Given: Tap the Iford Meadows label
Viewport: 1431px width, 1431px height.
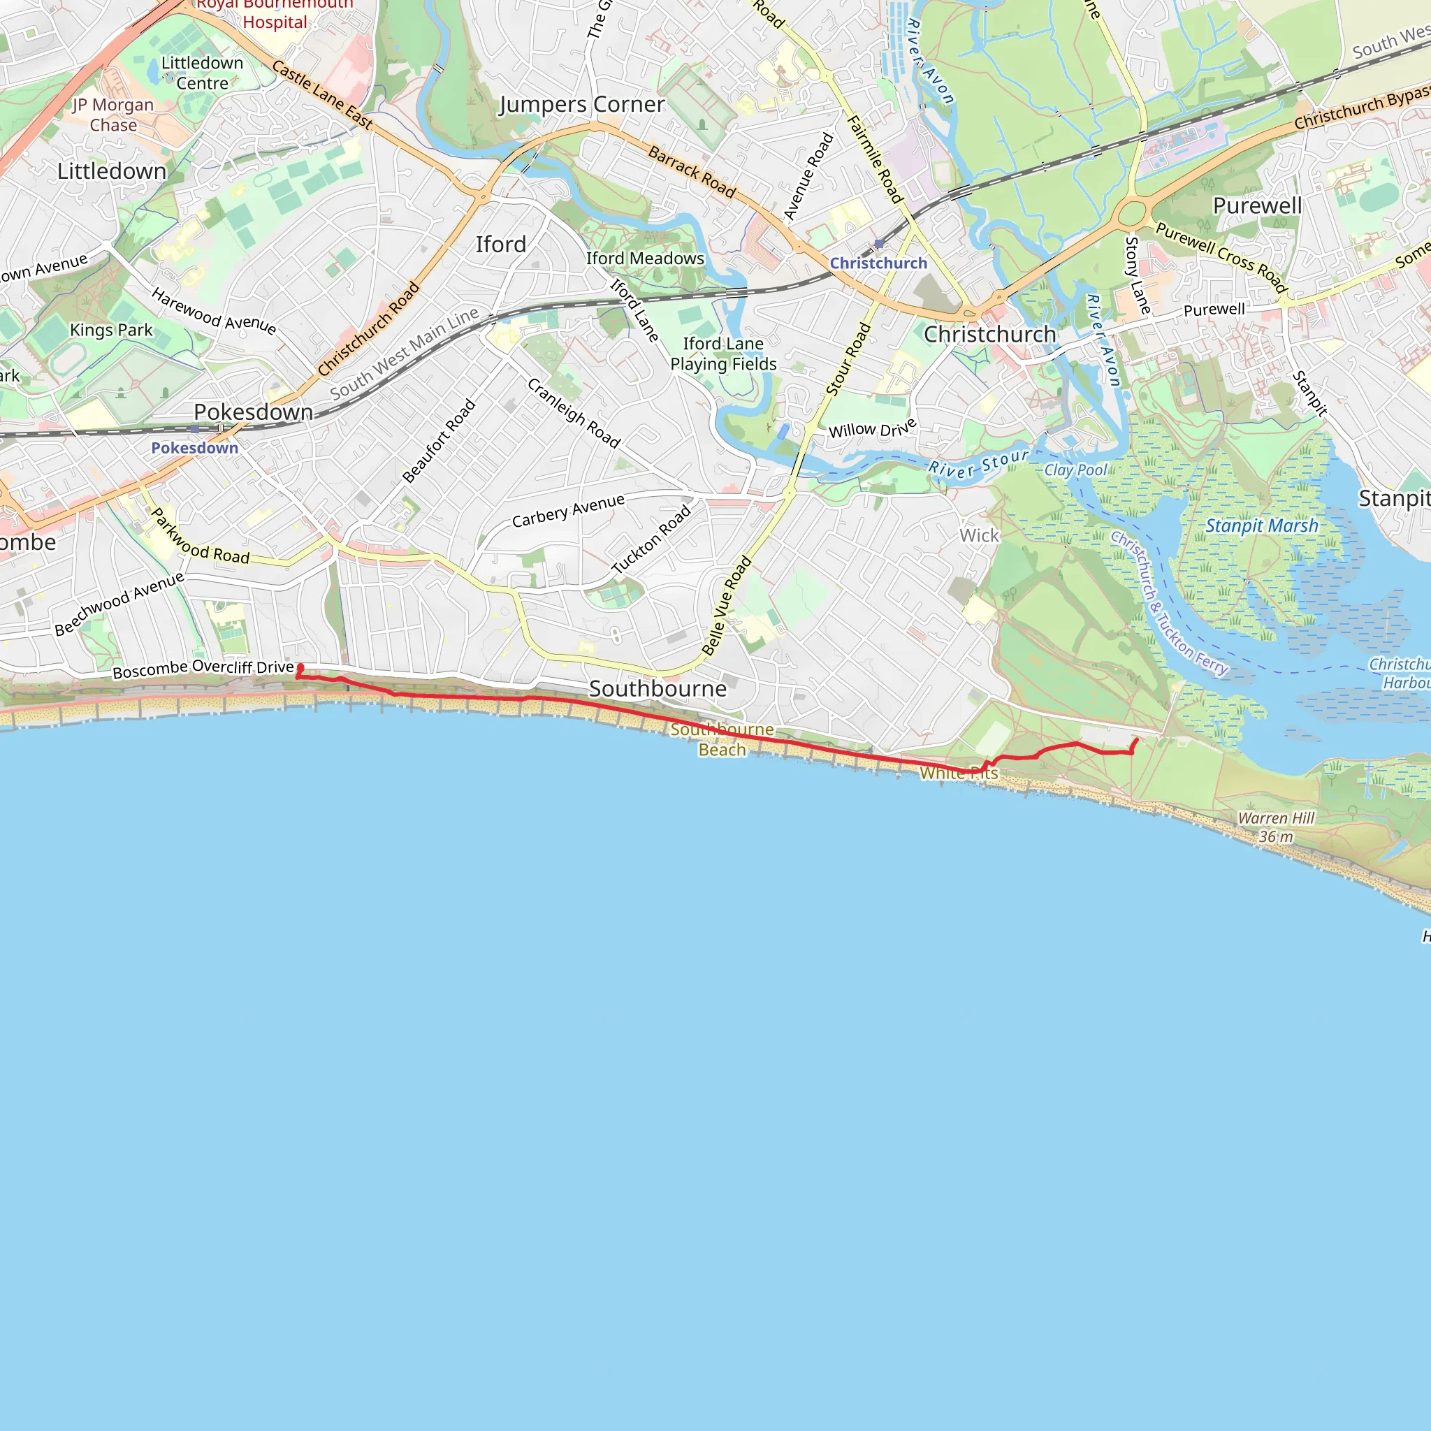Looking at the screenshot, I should (645, 259).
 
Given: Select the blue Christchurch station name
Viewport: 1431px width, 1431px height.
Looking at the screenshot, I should (878, 263).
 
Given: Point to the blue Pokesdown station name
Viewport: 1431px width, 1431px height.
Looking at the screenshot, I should (195, 448).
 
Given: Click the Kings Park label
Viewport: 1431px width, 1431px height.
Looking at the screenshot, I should (111, 330).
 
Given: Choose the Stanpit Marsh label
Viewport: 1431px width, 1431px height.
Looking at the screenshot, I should (1261, 526).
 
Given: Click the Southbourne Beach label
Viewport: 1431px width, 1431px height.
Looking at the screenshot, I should (722, 740).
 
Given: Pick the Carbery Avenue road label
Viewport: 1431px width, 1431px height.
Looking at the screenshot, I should (568, 511).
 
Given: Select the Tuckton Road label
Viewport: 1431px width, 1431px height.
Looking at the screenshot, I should (651, 539).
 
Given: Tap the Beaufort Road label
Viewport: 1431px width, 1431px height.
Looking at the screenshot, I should (439, 442).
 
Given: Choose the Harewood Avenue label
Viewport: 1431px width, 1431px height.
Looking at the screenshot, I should (213, 312).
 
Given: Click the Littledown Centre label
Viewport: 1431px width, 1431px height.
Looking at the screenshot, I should (202, 73).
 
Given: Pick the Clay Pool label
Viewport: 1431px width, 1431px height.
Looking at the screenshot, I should (1075, 470).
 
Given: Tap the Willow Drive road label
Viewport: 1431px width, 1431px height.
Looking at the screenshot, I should (873, 429).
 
